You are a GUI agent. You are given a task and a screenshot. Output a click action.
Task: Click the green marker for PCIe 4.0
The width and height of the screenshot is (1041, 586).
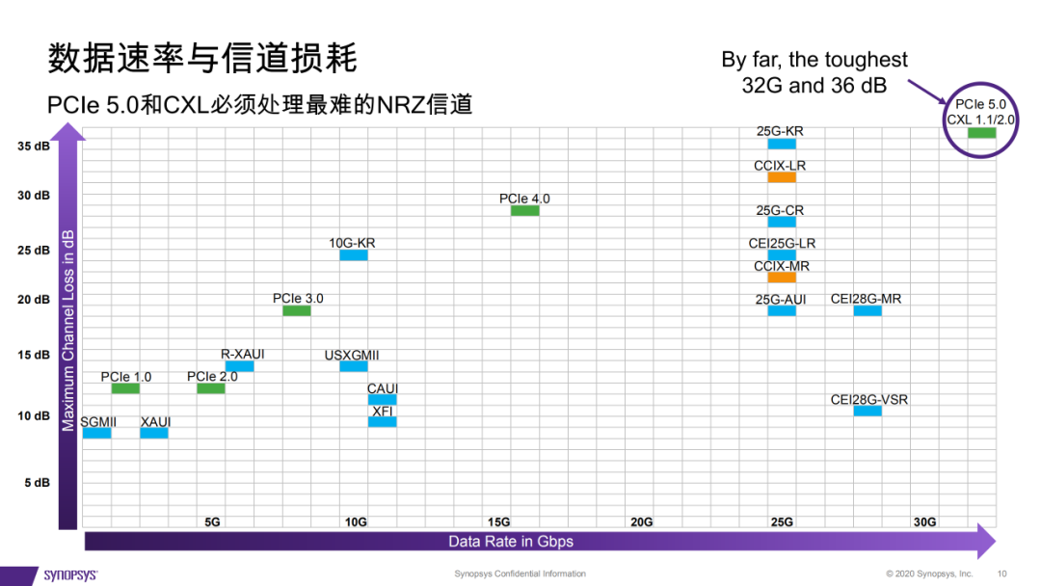coord(524,210)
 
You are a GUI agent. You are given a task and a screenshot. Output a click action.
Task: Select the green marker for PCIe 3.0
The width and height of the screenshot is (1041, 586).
coord(296,310)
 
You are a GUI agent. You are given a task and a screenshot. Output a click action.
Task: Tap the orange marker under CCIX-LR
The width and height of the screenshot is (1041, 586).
coord(782,177)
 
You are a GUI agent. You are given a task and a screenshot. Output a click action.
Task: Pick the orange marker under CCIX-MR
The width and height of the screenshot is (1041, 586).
coord(782,278)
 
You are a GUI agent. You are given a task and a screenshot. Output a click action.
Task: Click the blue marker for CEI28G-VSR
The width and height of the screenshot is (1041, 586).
coord(867,412)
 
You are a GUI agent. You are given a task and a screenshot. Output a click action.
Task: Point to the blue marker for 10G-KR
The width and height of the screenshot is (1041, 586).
coord(353,255)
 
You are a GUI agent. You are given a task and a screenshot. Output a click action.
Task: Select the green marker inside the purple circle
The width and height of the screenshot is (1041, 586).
coord(981,133)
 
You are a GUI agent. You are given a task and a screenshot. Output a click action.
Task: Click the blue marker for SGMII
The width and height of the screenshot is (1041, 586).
coord(96,433)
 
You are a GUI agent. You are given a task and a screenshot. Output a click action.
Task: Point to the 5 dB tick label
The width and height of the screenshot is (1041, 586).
coord(37,483)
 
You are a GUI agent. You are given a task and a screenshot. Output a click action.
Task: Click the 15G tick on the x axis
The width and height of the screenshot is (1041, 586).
coord(499,522)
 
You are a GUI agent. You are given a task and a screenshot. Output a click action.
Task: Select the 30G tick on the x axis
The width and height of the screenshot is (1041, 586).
coord(924,522)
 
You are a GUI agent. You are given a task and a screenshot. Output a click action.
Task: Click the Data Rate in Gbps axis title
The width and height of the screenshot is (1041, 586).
coord(511,542)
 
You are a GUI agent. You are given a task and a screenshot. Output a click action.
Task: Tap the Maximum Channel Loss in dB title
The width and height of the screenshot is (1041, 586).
coord(67,331)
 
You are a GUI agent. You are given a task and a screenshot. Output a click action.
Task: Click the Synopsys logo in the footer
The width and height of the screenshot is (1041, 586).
coord(70,575)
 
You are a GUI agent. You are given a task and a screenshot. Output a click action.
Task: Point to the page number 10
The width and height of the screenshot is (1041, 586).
coord(1001,574)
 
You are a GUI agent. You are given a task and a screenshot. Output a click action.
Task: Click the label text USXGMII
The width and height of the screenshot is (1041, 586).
coord(352,356)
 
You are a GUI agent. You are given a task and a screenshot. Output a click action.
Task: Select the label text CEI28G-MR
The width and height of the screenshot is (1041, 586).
coord(866,299)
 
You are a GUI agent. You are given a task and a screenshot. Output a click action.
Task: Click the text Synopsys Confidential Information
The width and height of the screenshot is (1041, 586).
coord(520,574)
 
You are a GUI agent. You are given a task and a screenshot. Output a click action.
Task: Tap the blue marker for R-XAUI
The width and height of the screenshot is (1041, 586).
coord(239,366)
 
